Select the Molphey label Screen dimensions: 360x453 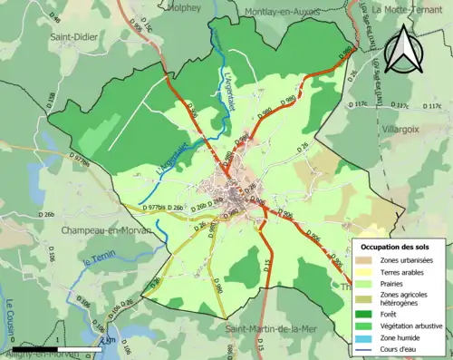point(185,6)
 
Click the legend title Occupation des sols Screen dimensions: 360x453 point(395,247)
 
